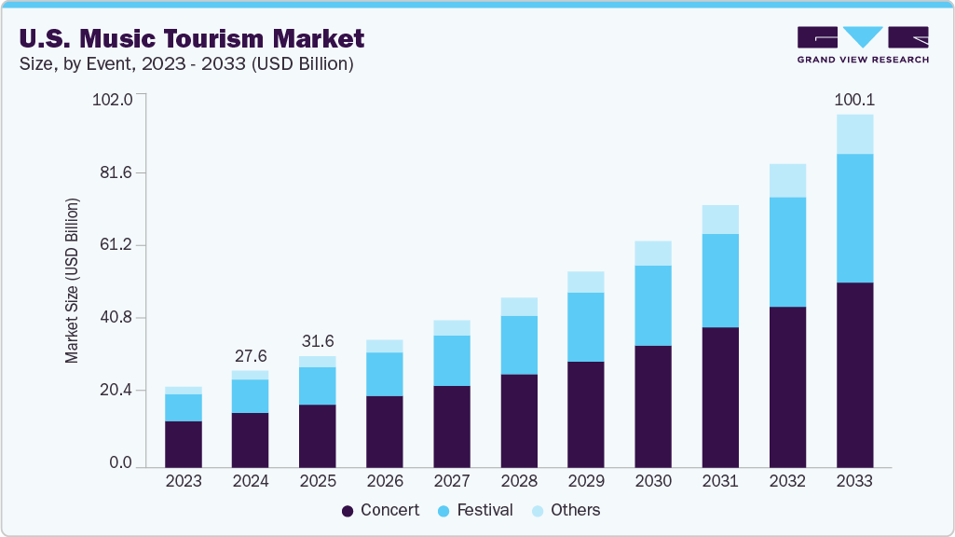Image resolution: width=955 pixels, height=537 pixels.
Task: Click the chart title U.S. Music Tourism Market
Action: coord(190,38)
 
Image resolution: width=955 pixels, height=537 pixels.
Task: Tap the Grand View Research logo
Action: coord(862,44)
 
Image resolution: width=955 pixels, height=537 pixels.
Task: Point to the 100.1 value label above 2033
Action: coord(854,100)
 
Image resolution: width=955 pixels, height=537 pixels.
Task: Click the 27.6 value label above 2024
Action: coord(251,356)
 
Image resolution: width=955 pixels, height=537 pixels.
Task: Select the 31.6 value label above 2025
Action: coord(318,341)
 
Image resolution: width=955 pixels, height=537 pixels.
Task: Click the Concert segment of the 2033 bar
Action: coord(854,374)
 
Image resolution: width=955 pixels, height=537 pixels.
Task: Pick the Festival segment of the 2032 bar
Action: coord(787,252)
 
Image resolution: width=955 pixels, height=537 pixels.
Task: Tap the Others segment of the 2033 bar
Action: coord(854,134)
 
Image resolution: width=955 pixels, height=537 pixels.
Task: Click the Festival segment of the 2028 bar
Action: coord(519,345)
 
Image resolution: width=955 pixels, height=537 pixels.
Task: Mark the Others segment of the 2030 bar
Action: coord(653,253)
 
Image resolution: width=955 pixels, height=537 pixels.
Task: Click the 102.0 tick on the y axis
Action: coord(114,99)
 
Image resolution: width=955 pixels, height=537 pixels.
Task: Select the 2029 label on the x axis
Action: coord(586,482)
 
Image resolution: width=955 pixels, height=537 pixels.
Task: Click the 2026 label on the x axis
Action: coord(385,482)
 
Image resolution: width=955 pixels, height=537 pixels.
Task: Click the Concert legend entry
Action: coord(380,510)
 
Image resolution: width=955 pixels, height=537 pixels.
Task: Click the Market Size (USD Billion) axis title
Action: coord(72,281)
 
